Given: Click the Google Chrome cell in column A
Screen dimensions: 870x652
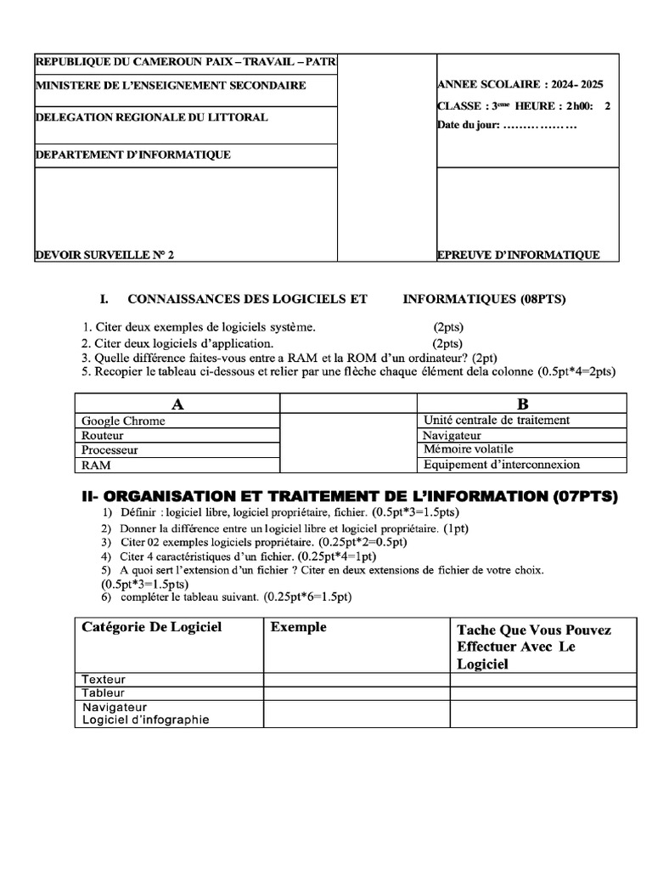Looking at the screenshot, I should [x=124, y=421].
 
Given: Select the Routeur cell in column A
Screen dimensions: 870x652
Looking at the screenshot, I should [x=103, y=435].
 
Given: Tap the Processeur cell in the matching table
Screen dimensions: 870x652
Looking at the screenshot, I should [x=110, y=450].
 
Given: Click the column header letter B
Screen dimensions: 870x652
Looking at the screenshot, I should [x=522, y=403].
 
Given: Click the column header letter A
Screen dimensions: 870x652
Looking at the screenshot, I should [x=177, y=403].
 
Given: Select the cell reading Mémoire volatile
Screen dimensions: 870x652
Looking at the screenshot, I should [x=468, y=449].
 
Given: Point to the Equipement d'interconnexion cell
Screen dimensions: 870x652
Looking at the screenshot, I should [x=501, y=465].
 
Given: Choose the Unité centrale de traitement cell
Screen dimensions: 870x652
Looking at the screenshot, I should [x=496, y=420].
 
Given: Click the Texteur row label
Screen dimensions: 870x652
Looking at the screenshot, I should [x=104, y=680].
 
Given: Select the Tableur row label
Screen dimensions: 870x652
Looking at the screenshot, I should [x=104, y=693].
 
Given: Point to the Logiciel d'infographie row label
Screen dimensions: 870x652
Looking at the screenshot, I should [x=145, y=720].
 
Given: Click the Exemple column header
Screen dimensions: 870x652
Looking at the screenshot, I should [x=298, y=628].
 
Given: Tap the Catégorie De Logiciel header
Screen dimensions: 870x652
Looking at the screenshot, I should [x=152, y=628].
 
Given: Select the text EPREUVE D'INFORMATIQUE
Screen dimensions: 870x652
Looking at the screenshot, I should [x=518, y=255].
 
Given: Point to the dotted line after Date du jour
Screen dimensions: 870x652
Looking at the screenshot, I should [x=540, y=126].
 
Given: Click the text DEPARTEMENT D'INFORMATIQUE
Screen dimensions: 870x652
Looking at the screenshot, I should [x=132, y=155].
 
